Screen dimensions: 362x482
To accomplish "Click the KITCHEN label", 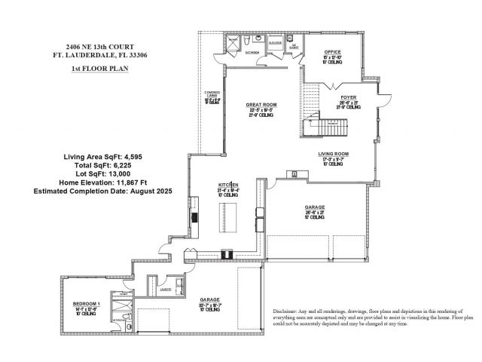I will (x=228, y=185).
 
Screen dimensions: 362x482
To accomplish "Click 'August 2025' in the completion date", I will (x=150, y=192).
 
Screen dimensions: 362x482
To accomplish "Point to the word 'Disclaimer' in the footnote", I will (x=284, y=311).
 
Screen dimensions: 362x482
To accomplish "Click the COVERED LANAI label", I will (x=212, y=96).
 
